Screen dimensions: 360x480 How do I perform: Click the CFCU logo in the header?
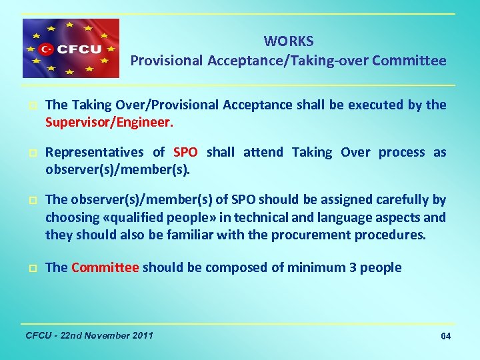coord(71,48)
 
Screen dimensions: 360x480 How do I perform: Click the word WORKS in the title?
coord(288,41)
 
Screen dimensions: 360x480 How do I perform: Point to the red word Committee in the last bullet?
coord(105,267)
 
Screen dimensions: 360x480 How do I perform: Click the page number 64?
coord(446,336)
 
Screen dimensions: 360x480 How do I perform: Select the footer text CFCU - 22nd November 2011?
coord(89,335)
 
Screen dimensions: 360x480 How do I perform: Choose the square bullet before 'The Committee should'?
coord(32,268)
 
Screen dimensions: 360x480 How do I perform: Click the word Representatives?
coord(95,152)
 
